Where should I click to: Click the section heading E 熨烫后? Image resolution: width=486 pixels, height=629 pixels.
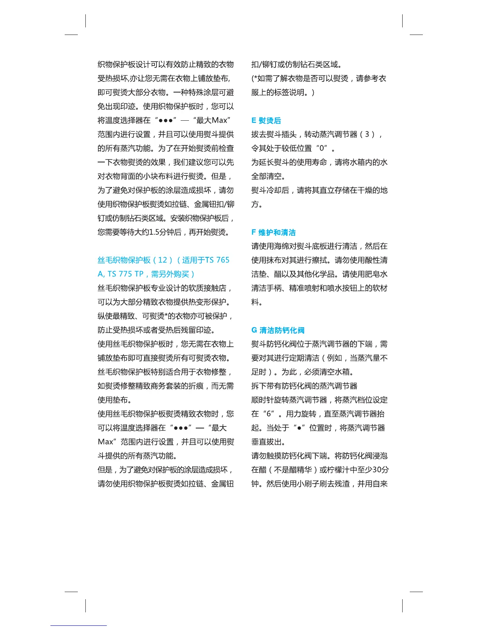pyautogui.click(x=266, y=120)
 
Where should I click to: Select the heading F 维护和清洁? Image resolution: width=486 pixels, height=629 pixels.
pyautogui.click(x=273, y=232)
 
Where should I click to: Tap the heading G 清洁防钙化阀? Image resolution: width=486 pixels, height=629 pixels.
pyautogui.click(x=278, y=330)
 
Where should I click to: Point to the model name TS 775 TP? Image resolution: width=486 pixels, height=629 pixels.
pyautogui.click(x=125, y=274)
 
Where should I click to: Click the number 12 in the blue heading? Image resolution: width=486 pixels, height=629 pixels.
pyautogui.click(x=162, y=260)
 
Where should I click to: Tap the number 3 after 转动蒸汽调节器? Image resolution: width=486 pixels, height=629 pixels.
pyautogui.click(x=367, y=134)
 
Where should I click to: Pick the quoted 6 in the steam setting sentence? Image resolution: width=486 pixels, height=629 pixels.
pyautogui.click(x=270, y=414)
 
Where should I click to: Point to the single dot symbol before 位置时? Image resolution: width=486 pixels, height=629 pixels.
pyautogui.click(x=299, y=428)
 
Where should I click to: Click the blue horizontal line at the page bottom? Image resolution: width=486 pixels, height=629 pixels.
pyautogui.click(x=78, y=626)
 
